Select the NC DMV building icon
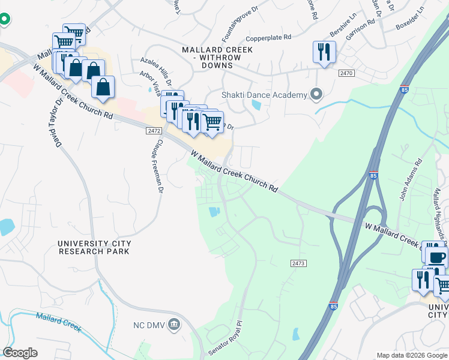click(173, 325)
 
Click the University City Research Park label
click(94, 247)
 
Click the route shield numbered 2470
click(346, 73)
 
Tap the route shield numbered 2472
click(154, 130)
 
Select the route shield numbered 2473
click(298, 263)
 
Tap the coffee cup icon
click(436, 256)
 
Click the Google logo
click(20, 353)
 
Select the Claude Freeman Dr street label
click(155, 166)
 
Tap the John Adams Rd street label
click(411, 179)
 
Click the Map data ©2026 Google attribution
click(411, 355)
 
